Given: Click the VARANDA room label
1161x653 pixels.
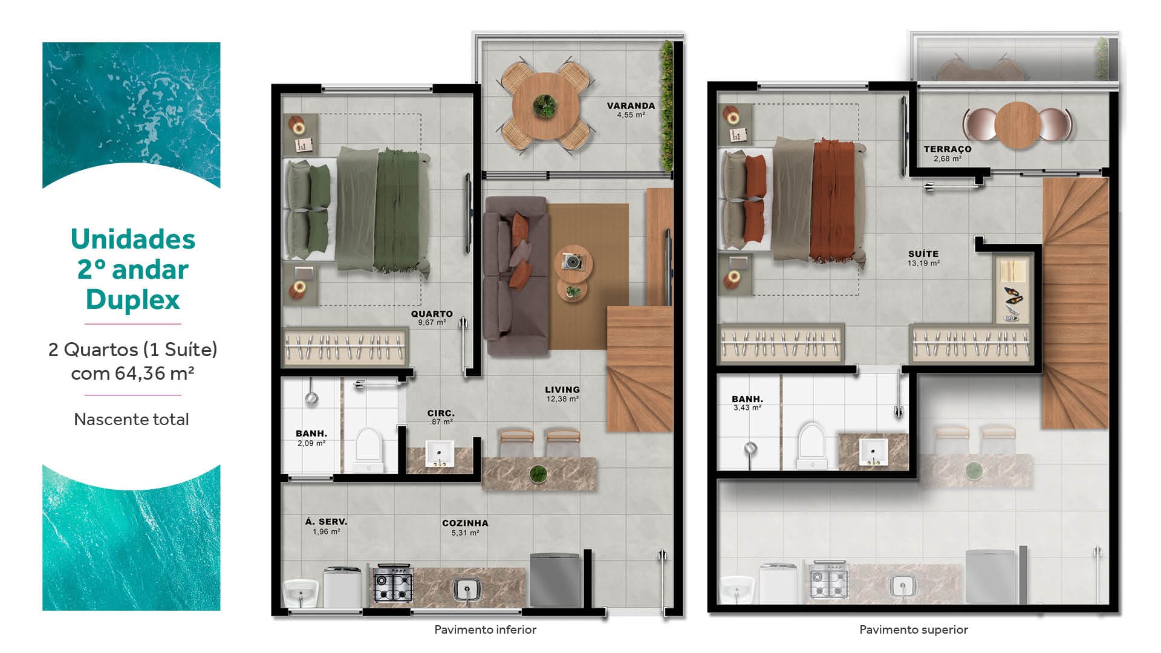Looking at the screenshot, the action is [x=631, y=106].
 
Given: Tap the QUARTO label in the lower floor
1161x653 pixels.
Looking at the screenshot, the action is [x=432, y=314].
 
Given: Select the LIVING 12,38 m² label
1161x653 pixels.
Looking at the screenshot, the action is [x=562, y=394].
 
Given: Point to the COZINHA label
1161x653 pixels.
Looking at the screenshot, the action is [x=465, y=523].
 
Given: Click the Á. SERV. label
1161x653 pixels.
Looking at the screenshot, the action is [x=326, y=521].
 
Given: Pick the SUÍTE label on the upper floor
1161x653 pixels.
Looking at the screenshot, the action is [x=923, y=254].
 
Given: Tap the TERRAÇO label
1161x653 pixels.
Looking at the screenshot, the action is [x=948, y=149].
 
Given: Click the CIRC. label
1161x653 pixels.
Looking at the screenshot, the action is [x=441, y=413].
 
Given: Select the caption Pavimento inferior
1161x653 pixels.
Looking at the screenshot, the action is [x=485, y=629].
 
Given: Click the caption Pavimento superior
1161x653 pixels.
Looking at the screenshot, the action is [x=914, y=629].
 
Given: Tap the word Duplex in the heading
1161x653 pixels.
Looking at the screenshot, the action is [x=133, y=299].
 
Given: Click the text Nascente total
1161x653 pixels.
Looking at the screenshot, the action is [x=131, y=419].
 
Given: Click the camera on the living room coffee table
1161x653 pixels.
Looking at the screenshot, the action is [x=571, y=261].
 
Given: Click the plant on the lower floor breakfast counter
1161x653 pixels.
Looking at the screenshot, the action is [x=537, y=474].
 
